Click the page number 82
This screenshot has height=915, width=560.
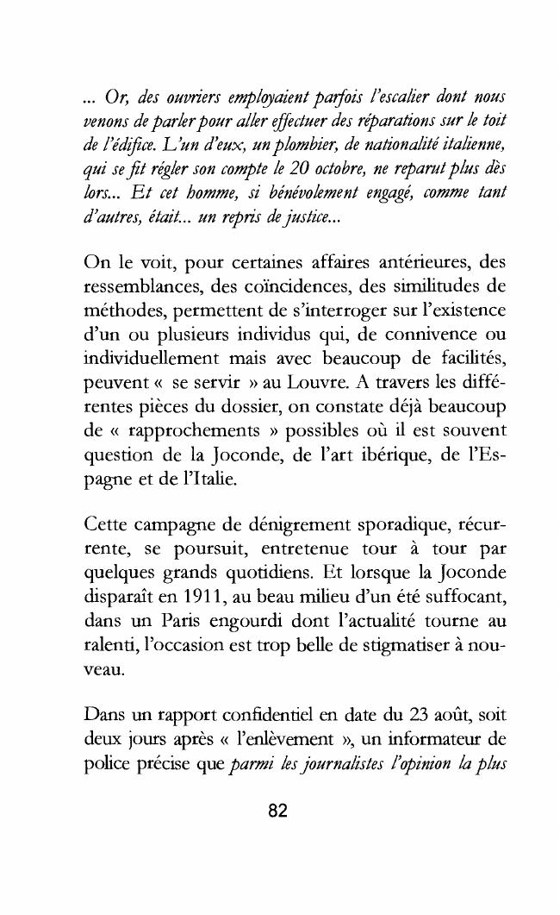coord(279,812)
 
